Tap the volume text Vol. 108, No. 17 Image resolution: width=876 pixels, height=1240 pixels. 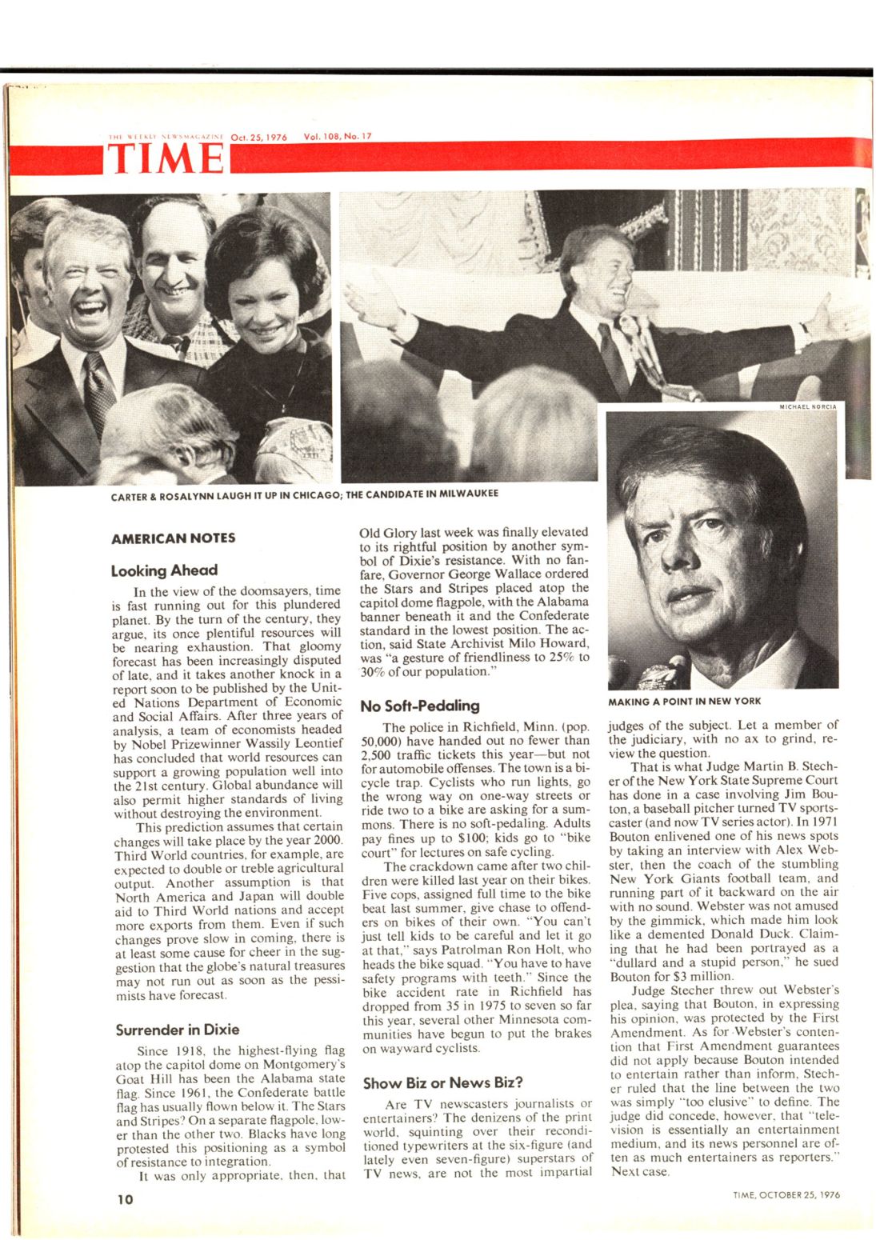[338, 137]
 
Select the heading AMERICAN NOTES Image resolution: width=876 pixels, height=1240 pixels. [173, 538]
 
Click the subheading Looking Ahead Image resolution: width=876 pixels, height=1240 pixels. [164, 570]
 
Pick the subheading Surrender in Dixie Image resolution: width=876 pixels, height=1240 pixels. [177, 1029]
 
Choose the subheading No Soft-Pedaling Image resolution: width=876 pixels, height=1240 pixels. [419, 706]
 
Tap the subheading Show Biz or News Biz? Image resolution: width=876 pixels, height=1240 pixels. [442, 1082]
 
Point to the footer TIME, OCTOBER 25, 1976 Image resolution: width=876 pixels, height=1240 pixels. [786, 1195]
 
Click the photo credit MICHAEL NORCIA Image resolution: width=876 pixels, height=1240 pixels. [807, 406]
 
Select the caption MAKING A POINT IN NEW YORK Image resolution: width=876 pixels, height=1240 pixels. [684, 701]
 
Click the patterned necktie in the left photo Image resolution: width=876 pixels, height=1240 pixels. [100, 393]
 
